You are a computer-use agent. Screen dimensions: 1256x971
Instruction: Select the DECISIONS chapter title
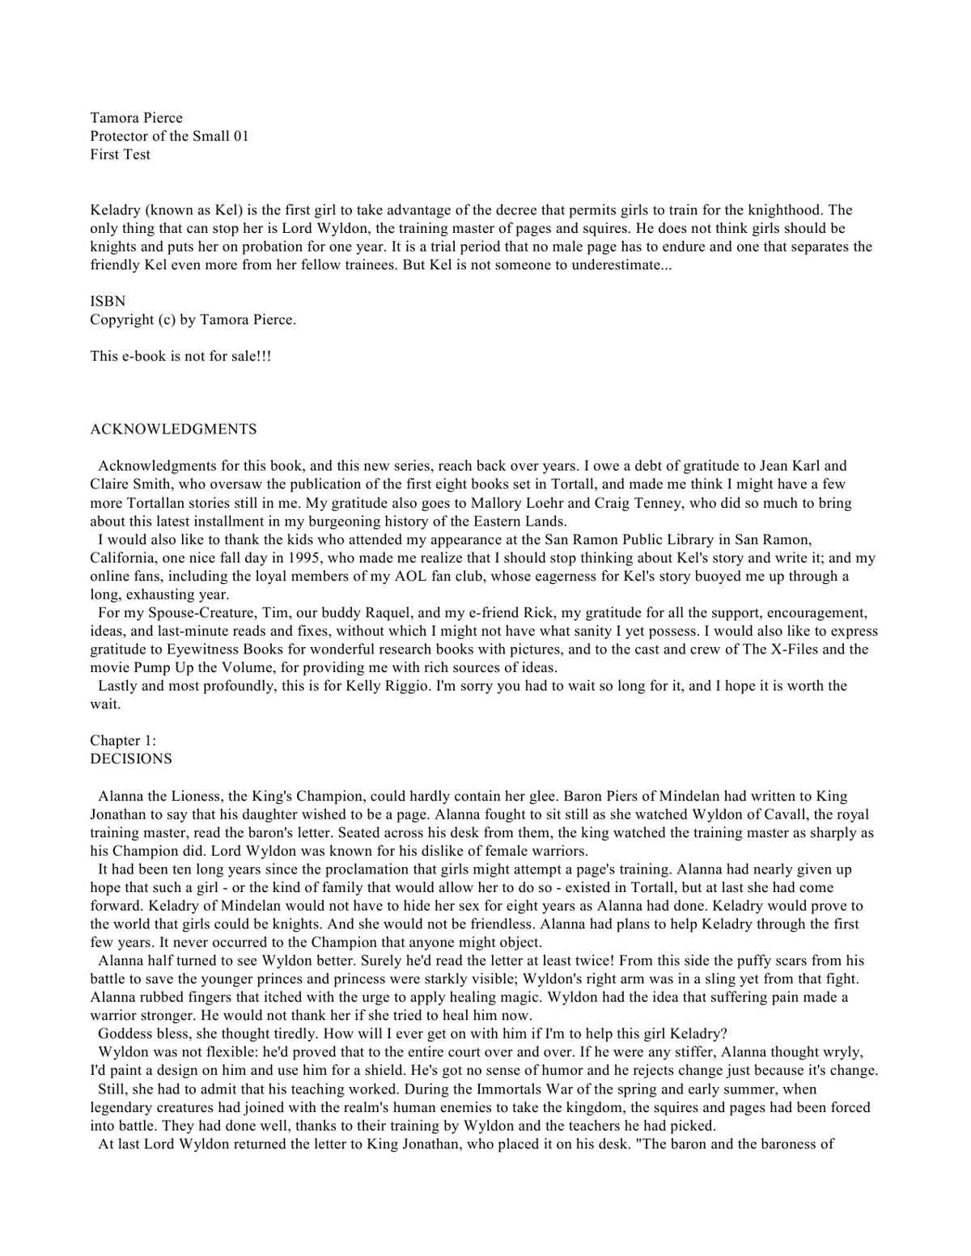[x=130, y=759]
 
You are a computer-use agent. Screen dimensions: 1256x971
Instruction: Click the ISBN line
[x=107, y=301]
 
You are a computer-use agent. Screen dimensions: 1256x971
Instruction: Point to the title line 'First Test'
[x=120, y=154]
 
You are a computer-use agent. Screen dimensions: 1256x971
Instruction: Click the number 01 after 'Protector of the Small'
[x=240, y=136]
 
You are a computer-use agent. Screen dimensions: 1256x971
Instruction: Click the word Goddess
[x=125, y=1034]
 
